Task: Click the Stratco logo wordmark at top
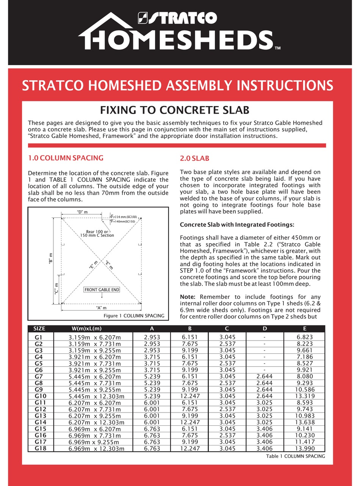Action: click(x=178, y=18)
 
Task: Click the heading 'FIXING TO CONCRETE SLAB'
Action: click(x=174, y=110)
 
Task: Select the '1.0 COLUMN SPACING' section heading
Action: click(x=66, y=158)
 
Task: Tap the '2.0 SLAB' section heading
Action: click(x=194, y=159)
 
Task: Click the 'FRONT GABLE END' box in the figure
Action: click(x=102, y=290)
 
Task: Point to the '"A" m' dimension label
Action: click(x=101, y=308)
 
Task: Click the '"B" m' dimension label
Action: click(x=51, y=259)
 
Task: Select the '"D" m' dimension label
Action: click(x=82, y=212)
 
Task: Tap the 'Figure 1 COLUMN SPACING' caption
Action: click(x=134, y=316)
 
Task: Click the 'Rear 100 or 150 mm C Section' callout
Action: click(x=97, y=233)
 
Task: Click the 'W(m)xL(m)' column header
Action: click(x=86, y=328)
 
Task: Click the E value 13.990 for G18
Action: click(x=305, y=448)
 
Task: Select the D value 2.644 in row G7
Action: click(x=265, y=377)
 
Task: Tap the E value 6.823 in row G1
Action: click(x=305, y=337)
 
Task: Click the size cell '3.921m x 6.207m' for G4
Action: click(x=95, y=357)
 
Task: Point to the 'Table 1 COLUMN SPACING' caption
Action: click(x=295, y=456)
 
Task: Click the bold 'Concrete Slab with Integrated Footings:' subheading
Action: click(x=237, y=225)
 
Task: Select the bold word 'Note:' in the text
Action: click(x=188, y=297)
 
